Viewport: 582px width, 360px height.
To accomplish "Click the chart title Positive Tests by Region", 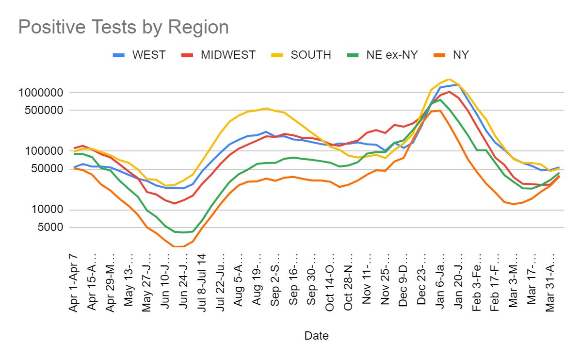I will tap(123, 28).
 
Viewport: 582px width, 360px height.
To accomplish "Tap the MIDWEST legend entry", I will tap(228, 55).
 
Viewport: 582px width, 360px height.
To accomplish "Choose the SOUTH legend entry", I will tap(310, 55).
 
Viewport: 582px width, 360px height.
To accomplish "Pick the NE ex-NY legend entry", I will tap(389, 55).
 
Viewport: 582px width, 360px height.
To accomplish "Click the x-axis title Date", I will tap(316, 335).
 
